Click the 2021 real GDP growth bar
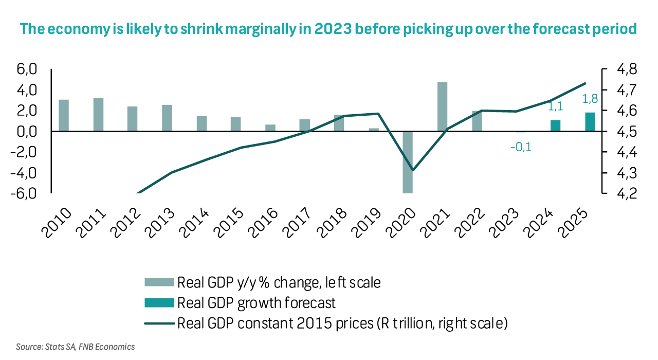coord(442,107)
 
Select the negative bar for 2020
coord(408,162)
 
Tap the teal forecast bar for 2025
coord(590,122)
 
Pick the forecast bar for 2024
coord(555,125)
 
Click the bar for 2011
coord(98,115)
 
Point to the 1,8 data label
coord(589,99)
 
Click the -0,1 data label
coord(520,148)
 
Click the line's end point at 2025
coord(585,83)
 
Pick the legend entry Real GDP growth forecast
coord(256,302)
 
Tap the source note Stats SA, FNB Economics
coord(76,347)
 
